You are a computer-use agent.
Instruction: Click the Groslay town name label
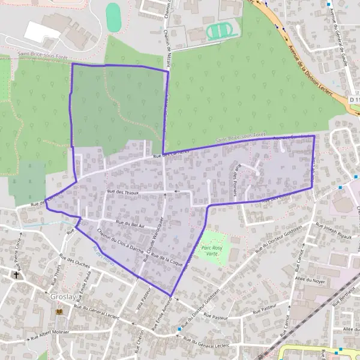point(63,296)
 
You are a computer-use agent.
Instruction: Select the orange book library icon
point(59,311)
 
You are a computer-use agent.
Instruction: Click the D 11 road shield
point(354,99)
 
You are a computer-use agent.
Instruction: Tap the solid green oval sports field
point(113,17)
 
